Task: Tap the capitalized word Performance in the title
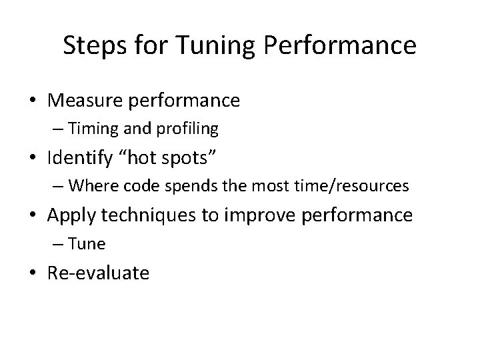point(341,46)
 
